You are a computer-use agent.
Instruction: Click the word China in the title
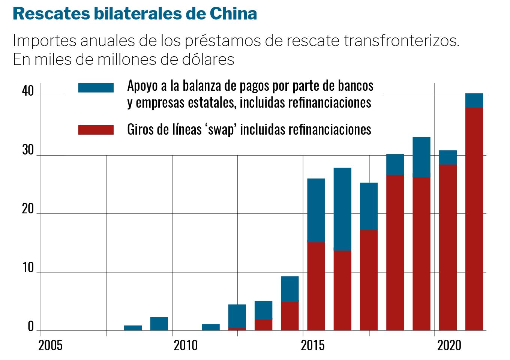click(x=233, y=14)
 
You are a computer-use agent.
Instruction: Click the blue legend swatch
click(x=96, y=88)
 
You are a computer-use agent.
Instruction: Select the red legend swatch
click(x=96, y=130)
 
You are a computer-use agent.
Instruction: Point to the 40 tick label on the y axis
click(x=28, y=91)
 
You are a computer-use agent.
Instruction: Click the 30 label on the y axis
click(x=28, y=150)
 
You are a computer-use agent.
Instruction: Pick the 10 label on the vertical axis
click(x=28, y=268)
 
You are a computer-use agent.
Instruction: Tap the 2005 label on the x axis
click(x=50, y=345)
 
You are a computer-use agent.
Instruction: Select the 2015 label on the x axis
click(x=313, y=345)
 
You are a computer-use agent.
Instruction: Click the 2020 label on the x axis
click(x=449, y=345)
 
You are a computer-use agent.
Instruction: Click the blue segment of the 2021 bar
click(x=474, y=100)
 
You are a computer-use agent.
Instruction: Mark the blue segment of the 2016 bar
click(x=342, y=209)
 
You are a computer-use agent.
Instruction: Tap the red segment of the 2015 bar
click(x=316, y=286)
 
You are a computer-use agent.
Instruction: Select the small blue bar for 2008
click(x=133, y=328)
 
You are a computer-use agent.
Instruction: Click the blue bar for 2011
click(x=211, y=327)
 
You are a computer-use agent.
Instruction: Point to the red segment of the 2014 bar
click(x=290, y=316)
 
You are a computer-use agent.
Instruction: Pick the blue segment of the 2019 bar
click(x=421, y=157)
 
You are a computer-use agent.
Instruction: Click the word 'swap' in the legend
click(x=221, y=130)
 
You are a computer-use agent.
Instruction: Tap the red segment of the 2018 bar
click(x=395, y=252)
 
